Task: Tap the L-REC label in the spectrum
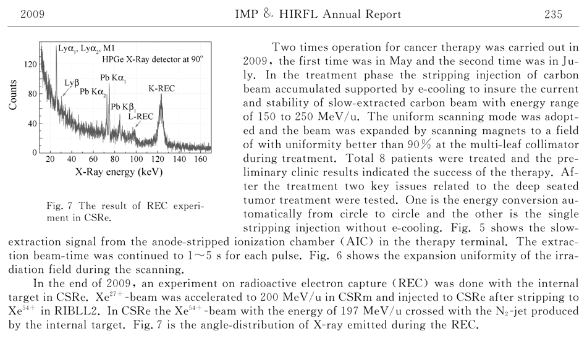click(140, 115)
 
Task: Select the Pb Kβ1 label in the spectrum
click(124, 106)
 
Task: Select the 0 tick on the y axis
click(33, 153)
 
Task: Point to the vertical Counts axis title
click(12, 94)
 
